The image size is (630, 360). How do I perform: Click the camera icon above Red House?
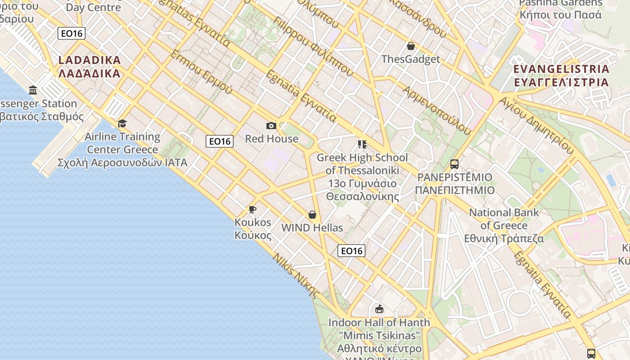click(x=271, y=126)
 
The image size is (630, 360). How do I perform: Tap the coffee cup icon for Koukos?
click(x=252, y=209)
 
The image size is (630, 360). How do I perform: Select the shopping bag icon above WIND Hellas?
click(x=312, y=215)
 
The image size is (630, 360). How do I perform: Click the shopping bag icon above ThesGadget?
click(x=410, y=46)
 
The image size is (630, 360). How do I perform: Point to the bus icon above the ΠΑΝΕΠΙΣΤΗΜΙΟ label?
click(x=454, y=164)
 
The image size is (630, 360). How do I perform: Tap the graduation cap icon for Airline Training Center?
click(x=122, y=123)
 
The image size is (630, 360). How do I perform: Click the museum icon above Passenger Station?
click(x=33, y=90)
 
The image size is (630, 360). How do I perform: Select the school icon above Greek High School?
click(x=362, y=144)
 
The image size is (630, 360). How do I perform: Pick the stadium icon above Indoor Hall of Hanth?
click(x=379, y=309)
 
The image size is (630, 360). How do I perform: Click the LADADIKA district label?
click(x=90, y=67)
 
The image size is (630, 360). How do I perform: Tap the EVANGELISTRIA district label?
click(x=561, y=76)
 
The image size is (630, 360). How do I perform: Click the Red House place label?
click(x=271, y=139)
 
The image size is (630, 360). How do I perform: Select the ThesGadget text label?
click(x=410, y=59)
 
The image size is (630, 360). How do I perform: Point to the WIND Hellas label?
click(x=312, y=228)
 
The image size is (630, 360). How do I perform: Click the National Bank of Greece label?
click(x=504, y=225)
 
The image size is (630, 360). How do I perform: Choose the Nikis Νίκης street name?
click(x=296, y=275)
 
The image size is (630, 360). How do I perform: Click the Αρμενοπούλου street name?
click(x=436, y=110)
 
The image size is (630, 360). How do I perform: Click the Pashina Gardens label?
click(x=560, y=9)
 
